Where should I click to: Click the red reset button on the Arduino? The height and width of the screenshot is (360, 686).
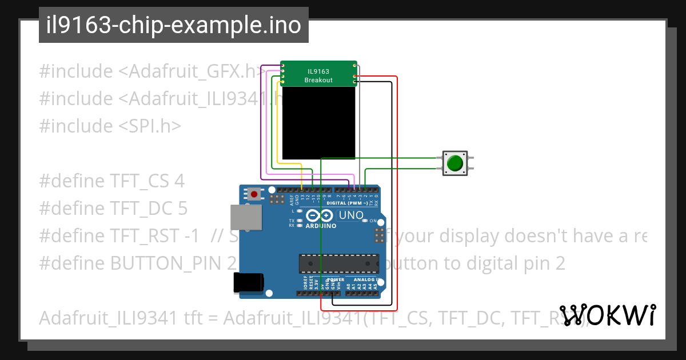click(254, 194)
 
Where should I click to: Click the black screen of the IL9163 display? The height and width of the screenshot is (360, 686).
click(318, 122)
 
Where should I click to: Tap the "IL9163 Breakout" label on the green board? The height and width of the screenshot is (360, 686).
click(318, 75)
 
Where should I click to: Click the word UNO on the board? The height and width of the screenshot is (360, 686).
click(351, 215)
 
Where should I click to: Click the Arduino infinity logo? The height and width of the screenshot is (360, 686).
click(319, 215)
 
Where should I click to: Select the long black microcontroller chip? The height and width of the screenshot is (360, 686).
click(338, 263)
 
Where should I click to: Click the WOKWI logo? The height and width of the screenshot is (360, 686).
click(608, 315)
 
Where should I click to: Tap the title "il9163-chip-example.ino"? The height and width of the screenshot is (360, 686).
click(174, 26)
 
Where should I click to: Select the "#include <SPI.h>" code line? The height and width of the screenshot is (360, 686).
click(110, 126)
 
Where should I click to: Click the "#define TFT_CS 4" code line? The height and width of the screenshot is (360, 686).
click(111, 182)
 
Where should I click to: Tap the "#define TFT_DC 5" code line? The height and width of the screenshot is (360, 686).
click(113, 209)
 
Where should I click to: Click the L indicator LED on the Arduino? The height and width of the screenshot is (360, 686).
click(299, 211)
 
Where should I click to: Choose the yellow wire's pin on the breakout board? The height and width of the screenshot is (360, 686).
click(282, 82)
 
